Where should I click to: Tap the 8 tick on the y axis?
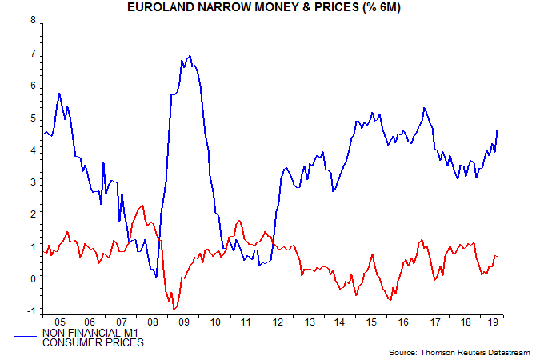click(34, 22)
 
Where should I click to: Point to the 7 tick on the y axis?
click(34, 54)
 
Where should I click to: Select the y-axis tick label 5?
click(34, 118)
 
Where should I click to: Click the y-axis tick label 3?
click(34, 183)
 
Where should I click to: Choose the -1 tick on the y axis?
click(32, 312)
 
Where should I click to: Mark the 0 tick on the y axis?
click(34, 280)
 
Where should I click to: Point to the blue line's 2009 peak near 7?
click(190, 56)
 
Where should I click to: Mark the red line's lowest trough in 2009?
click(174, 309)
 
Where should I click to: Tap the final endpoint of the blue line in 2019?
click(498, 130)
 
